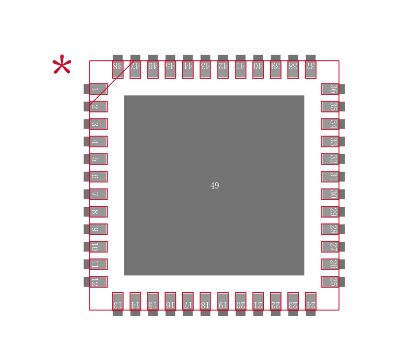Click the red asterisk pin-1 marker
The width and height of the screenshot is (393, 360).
pos(62,65)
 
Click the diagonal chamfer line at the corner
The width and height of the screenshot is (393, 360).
pos(111,83)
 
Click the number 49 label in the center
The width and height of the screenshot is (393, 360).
pos(215,186)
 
